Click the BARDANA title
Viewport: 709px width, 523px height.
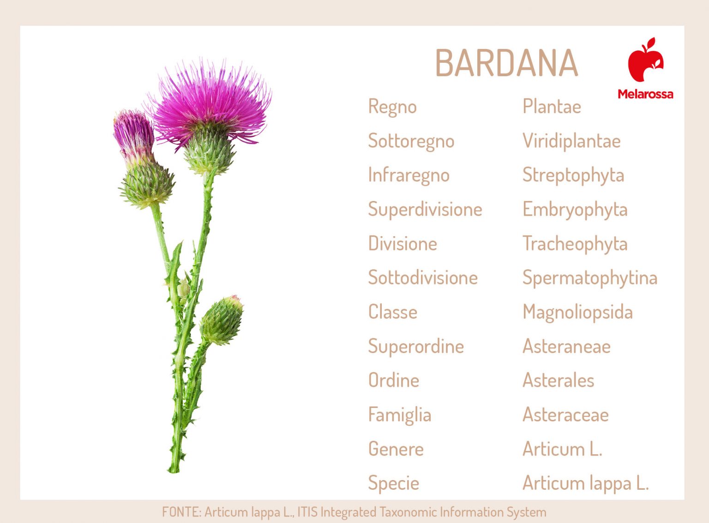pos(506,63)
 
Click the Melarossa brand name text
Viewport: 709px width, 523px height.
pos(645,94)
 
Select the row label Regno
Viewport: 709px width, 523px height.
pos(392,107)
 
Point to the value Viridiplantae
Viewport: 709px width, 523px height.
pos(571,141)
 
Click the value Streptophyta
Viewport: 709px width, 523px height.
pos(573,176)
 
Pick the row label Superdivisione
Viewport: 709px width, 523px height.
pos(425,210)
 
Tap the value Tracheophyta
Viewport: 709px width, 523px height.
pos(575,244)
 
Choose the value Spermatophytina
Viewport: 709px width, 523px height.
pos(590,278)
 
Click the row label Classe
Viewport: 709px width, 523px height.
pos(393,312)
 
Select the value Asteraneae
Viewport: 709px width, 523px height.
pos(566,347)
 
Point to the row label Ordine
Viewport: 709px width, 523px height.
pos(394,381)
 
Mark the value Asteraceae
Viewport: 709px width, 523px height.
pos(565,415)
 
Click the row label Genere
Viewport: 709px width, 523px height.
pos(396,449)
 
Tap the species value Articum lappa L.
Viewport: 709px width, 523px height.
pos(586,483)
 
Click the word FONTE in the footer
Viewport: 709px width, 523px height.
pos(181,512)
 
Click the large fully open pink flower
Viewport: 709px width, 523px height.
pos(210,104)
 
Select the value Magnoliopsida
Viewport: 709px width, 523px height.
pos(577,312)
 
